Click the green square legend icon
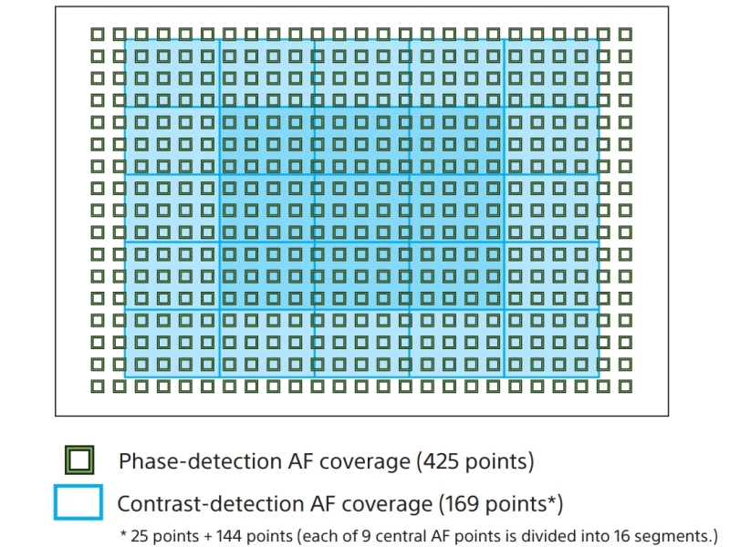coord(79,460)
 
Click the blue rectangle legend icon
coord(78,502)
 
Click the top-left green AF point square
coord(98,34)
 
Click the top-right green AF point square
coord(625,34)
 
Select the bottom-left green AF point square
coord(98,386)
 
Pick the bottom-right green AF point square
coord(625,386)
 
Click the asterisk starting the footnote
coord(123,533)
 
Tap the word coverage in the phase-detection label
coord(365,462)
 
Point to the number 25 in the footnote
coord(139,536)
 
